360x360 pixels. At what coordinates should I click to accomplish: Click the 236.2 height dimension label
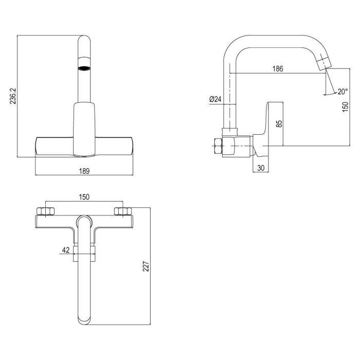13,96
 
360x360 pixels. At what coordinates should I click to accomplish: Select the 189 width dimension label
84,171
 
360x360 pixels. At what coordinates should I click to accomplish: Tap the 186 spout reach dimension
278,68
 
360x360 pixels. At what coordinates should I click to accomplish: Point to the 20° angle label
343,92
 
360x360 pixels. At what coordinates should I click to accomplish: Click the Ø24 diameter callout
215,99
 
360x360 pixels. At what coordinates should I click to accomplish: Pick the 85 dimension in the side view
279,123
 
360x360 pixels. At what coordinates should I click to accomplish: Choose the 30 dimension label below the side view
261,168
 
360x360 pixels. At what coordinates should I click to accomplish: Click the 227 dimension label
146,266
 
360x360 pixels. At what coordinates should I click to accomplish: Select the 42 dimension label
66,250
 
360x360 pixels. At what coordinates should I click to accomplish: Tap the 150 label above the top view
84,197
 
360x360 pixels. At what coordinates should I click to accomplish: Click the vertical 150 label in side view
345,107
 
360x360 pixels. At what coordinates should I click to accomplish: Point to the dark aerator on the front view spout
84,68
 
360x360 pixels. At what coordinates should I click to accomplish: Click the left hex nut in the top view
46,211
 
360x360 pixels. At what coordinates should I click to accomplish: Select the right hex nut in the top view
123,211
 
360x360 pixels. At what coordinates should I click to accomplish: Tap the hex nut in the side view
218,146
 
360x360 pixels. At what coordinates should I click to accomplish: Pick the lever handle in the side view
268,130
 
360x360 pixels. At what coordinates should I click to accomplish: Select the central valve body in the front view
84,130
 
